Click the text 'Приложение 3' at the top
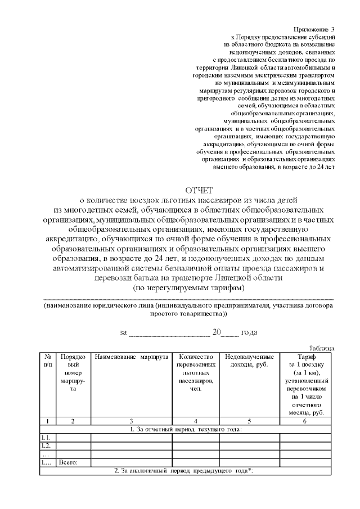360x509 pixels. coord(314,29)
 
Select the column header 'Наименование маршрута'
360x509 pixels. coord(131,357)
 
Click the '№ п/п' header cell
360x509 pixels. coord(48,361)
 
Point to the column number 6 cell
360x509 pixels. coord(304,421)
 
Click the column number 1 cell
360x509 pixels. coord(48,421)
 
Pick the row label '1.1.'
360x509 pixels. coord(47,438)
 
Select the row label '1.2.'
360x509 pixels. coord(47,446)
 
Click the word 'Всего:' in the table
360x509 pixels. coord(68,462)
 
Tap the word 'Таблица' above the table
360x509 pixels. coord(322,348)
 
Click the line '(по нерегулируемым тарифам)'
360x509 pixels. coord(188,287)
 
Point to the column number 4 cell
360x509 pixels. coord(195,421)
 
